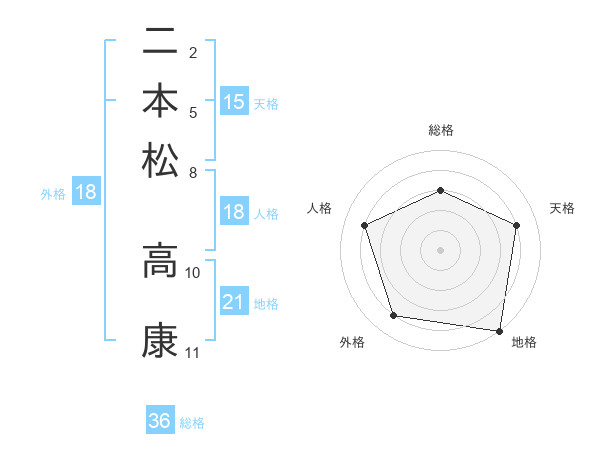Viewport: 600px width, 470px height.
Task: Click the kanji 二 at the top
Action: click(x=161, y=44)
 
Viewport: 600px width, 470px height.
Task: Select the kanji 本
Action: click(x=161, y=101)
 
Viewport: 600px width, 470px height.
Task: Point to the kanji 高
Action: click(x=161, y=260)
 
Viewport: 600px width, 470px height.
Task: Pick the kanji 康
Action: click(x=161, y=341)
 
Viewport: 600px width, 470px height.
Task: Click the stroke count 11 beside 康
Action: click(x=192, y=353)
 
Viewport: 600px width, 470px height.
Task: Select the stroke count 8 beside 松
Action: click(x=193, y=172)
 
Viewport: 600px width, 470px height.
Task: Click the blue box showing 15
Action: click(x=234, y=101)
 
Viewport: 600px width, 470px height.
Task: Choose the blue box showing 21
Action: click(x=234, y=302)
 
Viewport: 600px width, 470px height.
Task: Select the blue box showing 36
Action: click(x=160, y=421)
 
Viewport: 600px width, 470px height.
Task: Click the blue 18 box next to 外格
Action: click(x=86, y=192)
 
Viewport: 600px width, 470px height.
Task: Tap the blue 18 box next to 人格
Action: click(x=234, y=212)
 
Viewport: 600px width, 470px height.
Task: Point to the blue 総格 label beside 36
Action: click(x=192, y=423)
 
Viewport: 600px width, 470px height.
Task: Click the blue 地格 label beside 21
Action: click(x=266, y=304)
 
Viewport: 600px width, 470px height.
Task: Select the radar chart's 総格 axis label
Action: click(x=440, y=130)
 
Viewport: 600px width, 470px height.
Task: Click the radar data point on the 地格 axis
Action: click(x=499, y=329)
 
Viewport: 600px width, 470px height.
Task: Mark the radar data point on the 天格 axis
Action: click(x=516, y=225)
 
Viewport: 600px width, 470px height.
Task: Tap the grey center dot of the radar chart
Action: click(x=440, y=249)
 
